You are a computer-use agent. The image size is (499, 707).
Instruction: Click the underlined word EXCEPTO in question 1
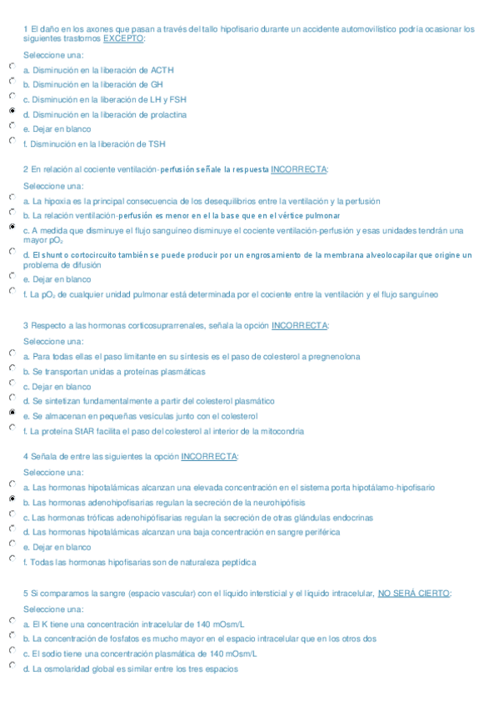[x=123, y=38]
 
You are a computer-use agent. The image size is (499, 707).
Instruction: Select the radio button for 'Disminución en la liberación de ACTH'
[x=12, y=66]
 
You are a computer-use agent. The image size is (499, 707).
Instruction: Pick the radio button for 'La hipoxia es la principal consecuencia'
[x=12, y=198]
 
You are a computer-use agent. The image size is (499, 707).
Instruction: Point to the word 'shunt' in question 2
[x=49, y=255]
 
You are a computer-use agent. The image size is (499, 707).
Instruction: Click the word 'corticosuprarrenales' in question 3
[x=151, y=325]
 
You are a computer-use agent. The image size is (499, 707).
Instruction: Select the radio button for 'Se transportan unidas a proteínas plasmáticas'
[x=12, y=368]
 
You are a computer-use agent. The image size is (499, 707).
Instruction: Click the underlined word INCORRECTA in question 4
[x=208, y=456]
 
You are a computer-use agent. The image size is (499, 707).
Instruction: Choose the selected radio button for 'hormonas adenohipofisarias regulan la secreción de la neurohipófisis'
[x=12, y=499]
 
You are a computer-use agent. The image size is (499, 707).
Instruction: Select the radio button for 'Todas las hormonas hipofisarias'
[x=12, y=559]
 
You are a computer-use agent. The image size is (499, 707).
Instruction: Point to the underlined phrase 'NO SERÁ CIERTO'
[x=414, y=593]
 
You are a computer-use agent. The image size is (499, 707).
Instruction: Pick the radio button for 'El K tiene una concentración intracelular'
[x=12, y=620]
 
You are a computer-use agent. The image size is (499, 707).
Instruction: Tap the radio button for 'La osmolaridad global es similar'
[x=12, y=665]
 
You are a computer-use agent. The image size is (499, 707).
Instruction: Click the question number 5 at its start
[x=26, y=593]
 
